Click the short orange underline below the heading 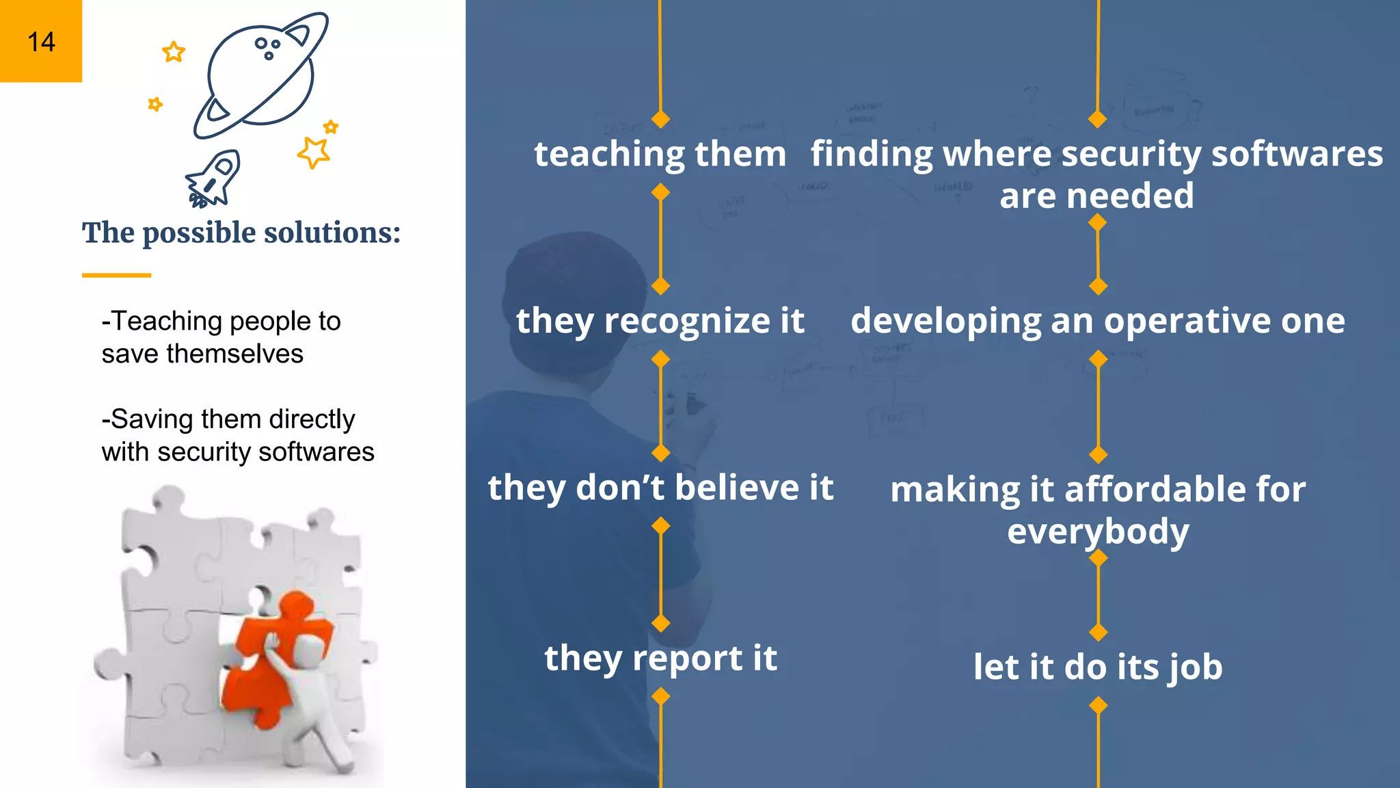point(116,275)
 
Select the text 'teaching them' point(660,154)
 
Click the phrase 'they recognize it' point(660,321)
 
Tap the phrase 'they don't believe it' point(660,488)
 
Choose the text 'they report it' point(660,658)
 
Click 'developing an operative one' point(1098,321)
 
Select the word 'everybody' point(1098,531)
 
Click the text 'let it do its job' point(1098,667)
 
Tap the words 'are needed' point(1096,196)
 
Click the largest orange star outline point(314,152)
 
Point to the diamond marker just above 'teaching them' point(660,120)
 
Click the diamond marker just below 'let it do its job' point(1098,705)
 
